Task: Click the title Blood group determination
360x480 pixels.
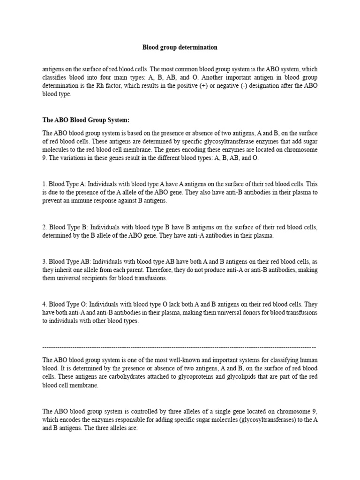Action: [x=180, y=47]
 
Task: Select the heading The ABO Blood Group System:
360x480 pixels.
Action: [x=86, y=120]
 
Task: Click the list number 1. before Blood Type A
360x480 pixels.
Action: [x=45, y=184]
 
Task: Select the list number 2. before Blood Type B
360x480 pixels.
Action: [x=45, y=227]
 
